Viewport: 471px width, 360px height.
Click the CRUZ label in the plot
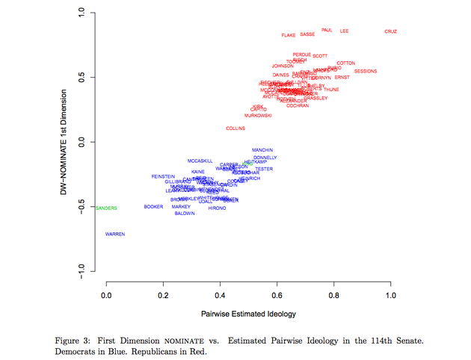(x=390, y=31)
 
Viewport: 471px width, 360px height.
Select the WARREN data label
(x=115, y=234)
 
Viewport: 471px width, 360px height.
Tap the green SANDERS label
(x=107, y=208)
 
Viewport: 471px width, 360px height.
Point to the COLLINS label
(x=235, y=128)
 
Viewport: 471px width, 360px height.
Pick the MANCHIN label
(x=262, y=150)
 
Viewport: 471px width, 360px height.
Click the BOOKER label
(x=153, y=207)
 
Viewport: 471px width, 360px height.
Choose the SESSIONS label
(x=366, y=71)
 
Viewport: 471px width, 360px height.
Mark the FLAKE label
(x=289, y=35)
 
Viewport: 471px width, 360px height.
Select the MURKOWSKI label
(x=258, y=116)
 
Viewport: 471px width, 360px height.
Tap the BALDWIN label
(x=185, y=214)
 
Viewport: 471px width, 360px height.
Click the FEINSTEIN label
(x=163, y=176)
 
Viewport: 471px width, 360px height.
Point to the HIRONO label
(x=217, y=208)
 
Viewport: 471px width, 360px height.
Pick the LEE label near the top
(x=344, y=31)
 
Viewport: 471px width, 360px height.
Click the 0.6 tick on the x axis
(x=277, y=297)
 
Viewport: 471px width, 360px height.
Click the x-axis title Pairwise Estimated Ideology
(x=248, y=313)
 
